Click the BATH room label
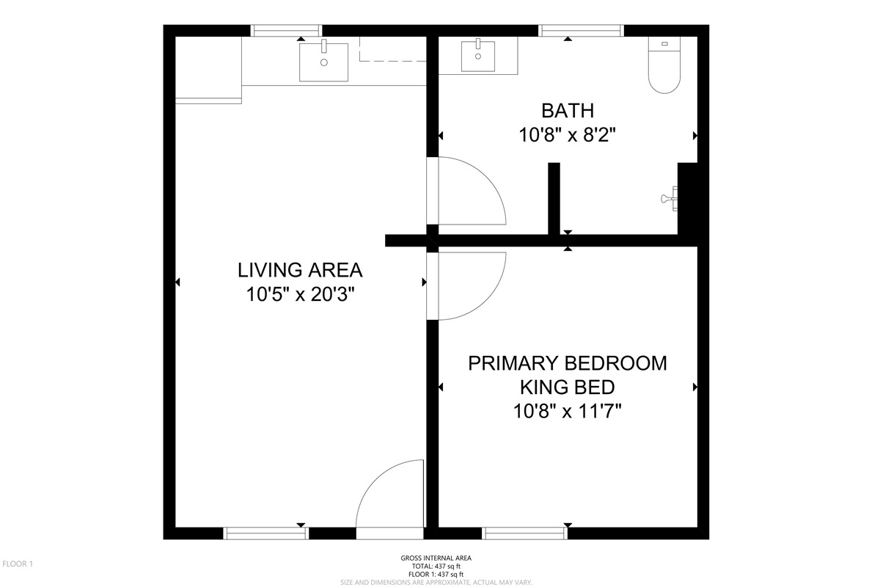tap(568, 111)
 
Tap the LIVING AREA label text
tap(300, 270)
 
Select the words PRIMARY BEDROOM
tap(568, 363)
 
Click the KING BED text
tap(568, 387)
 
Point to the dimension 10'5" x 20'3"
tap(300, 294)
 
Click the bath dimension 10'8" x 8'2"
tap(567, 135)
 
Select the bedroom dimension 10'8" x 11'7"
tap(568, 412)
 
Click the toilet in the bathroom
tap(664, 65)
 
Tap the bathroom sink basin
tap(477, 56)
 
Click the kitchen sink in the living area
tap(323, 62)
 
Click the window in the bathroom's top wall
tap(581, 31)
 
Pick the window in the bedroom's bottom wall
tap(525, 533)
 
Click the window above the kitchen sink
tap(286, 31)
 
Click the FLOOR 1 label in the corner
tap(18, 564)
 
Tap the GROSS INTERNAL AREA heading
tap(436, 558)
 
